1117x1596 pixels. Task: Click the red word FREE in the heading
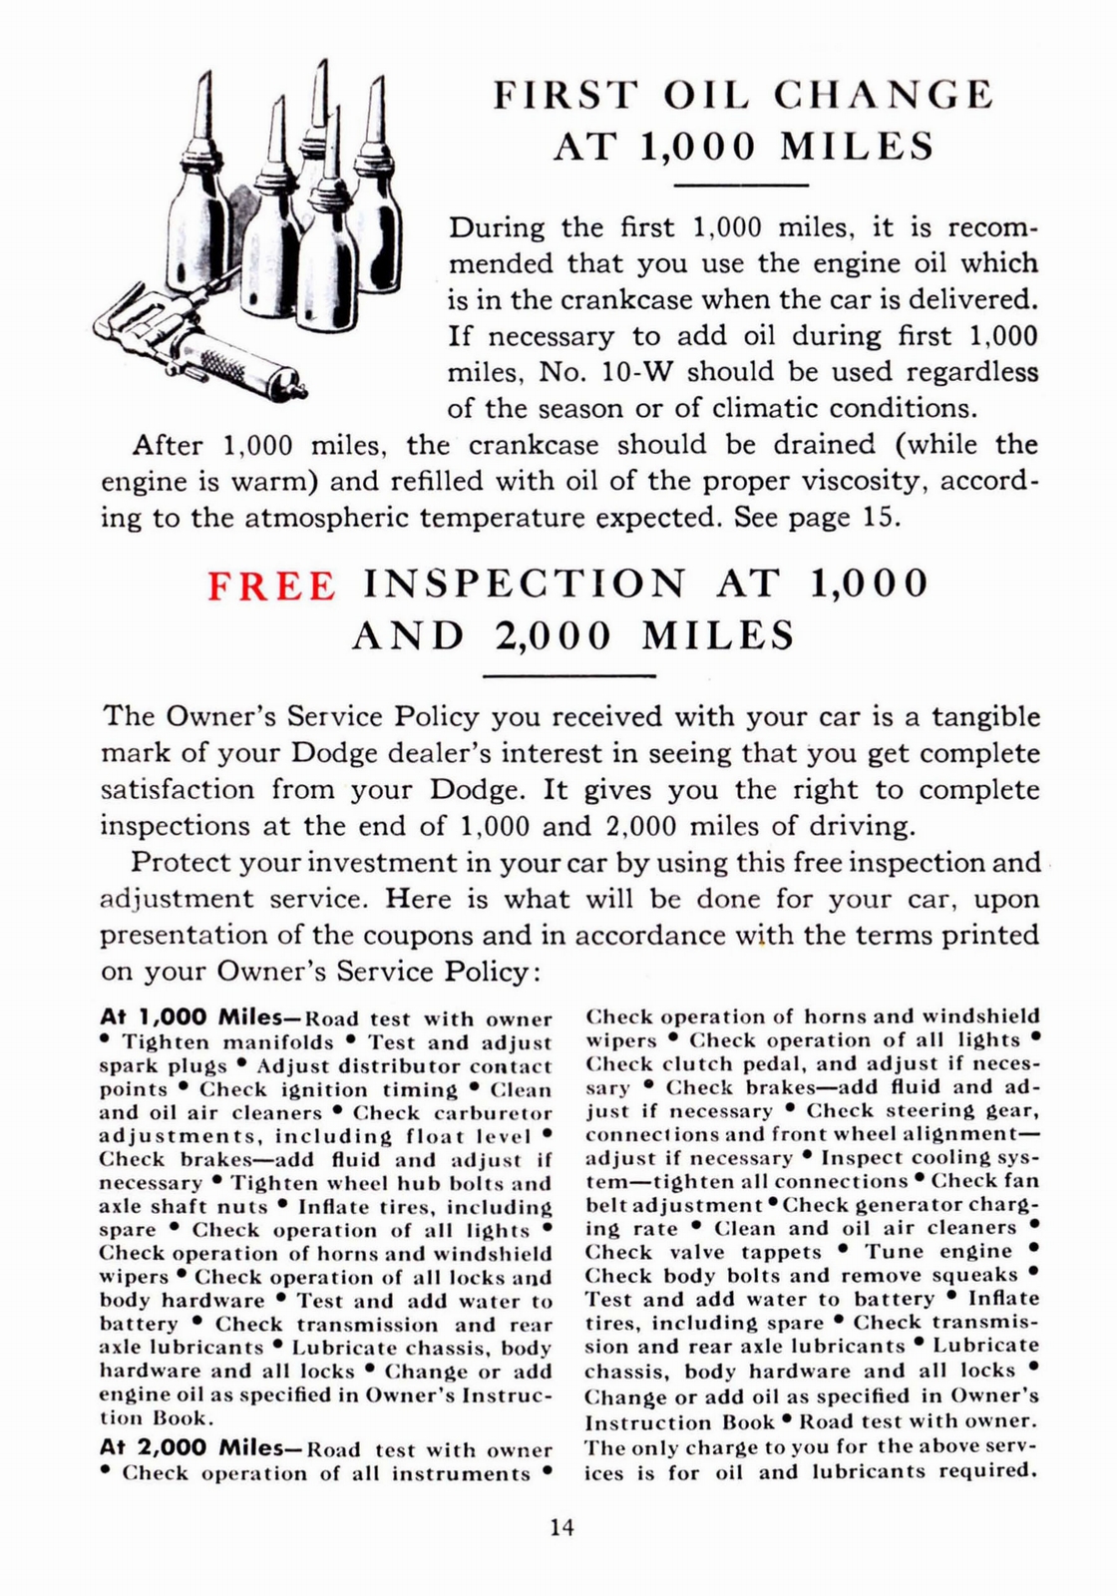click(271, 586)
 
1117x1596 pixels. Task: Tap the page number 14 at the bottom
click(561, 1526)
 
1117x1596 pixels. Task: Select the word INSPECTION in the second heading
click(525, 584)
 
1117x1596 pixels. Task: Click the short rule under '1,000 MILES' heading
click(741, 187)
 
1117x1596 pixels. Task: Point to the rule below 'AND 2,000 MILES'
click(567, 676)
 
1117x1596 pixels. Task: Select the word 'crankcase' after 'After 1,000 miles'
click(529, 445)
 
